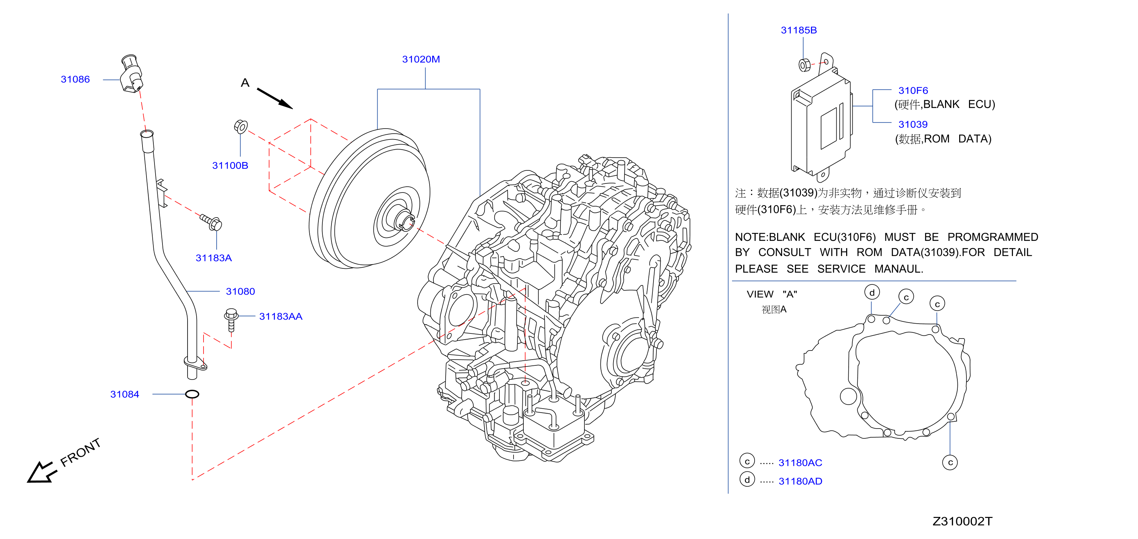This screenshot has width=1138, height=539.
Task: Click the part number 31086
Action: tap(75, 80)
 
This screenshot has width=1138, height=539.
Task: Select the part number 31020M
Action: tap(421, 59)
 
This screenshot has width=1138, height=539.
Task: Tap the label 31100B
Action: tap(230, 166)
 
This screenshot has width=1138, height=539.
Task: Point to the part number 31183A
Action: tap(213, 258)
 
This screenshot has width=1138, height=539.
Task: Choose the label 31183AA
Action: tap(281, 316)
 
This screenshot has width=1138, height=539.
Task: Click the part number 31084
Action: tap(125, 394)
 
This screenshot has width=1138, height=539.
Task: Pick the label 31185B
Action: tap(799, 31)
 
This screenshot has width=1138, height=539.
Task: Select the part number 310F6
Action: tap(913, 90)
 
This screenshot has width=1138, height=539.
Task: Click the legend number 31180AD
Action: tap(800, 481)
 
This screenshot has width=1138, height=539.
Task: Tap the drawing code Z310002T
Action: tap(962, 521)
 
